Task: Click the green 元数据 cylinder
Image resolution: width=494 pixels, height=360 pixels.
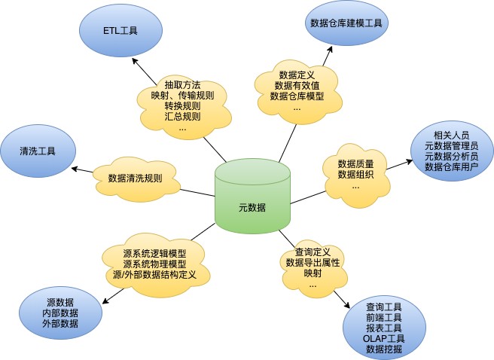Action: (x=252, y=197)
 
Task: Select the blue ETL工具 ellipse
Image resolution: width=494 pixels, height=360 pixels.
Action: (x=120, y=30)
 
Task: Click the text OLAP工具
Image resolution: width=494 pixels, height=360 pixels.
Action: (x=383, y=339)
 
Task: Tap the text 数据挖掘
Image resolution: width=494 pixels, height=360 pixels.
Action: (x=383, y=349)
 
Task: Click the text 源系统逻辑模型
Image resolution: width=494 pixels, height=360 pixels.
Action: (x=154, y=254)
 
